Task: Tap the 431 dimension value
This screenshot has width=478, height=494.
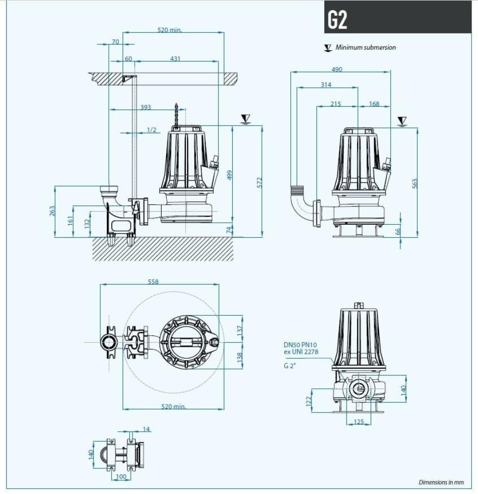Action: click(x=175, y=59)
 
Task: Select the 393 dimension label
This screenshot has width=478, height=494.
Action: click(x=145, y=107)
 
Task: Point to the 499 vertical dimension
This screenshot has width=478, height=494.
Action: click(x=229, y=175)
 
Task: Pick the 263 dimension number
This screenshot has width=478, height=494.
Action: click(x=52, y=211)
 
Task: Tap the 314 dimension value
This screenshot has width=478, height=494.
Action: click(x=325, y=85)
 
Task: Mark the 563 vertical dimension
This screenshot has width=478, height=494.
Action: click(x=415, y=183)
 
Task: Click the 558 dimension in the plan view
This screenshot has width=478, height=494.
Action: click(x=153, y=282)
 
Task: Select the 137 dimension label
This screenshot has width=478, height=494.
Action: click(x=240, y=329)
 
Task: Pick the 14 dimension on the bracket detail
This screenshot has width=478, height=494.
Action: click(x=146, y=429)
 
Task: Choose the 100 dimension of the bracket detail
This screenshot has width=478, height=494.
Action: click(x=121, y=477)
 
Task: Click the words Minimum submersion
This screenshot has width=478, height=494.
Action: click(x=365, y=47)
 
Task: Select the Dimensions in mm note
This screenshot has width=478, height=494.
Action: click(x=441, y=482)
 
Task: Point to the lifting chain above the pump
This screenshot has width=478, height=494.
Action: click(x=176, y=115)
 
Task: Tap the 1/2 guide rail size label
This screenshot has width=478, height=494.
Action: click(x=151, y=130)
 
